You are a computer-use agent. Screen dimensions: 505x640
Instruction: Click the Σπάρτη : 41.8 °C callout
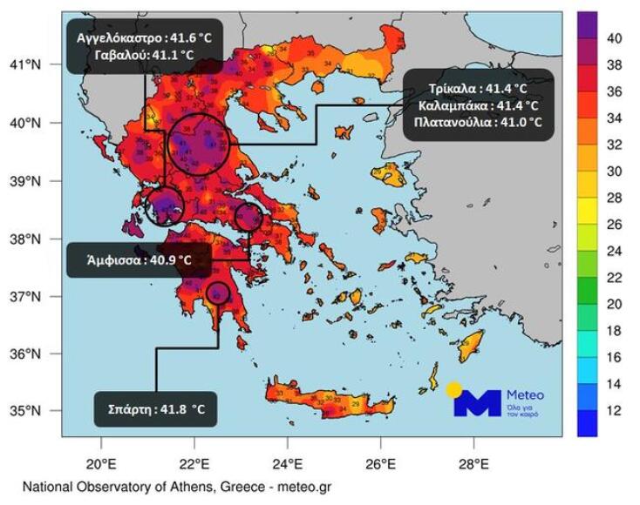coord(155,408)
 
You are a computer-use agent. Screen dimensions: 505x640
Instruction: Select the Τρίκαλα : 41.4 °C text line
coord(478,88)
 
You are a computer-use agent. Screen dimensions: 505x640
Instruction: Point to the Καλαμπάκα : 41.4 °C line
coord(478,105)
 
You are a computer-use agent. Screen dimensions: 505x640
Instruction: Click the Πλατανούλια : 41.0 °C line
coord(478,123)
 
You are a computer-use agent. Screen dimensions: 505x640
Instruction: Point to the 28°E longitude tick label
coord(473,462)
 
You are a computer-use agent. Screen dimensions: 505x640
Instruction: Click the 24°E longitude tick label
coord(287,462)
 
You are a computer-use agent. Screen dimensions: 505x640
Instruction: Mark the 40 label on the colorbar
coord(614,38)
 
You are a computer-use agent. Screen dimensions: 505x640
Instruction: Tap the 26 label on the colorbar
coord(614,224)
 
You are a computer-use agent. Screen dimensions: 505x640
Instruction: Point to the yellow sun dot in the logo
coord(453,388)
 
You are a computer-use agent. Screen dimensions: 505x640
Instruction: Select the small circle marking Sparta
coord(218,293)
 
